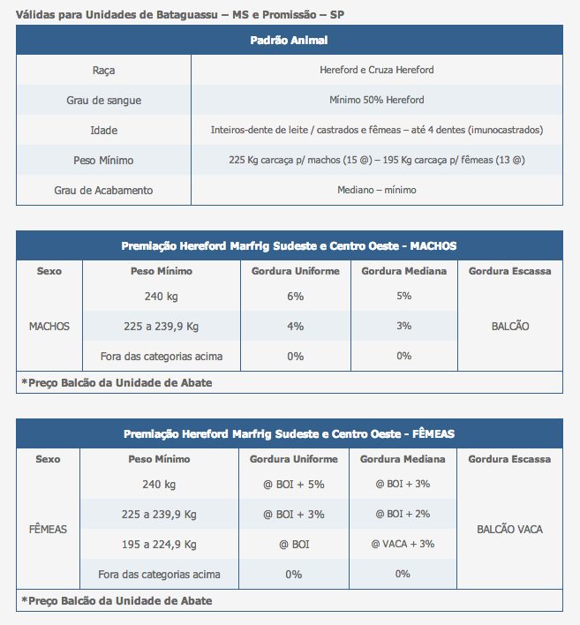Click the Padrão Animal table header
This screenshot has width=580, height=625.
(x=289, y=41)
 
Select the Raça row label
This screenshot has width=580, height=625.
(x=103, y=71)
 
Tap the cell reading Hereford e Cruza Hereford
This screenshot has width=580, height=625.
(x=376, y=71)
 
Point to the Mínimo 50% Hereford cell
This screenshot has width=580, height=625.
(x=376, y=101)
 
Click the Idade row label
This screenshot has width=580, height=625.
(x=103, y=130)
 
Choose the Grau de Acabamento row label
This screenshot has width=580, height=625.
(x=103, y=190)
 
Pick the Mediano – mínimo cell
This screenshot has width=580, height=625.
(x=376, y=190)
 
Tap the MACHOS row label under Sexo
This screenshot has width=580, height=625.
(x=49, y=327)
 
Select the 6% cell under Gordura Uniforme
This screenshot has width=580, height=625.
(x=295, y=297)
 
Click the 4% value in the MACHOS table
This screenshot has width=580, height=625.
(x=295, y=327)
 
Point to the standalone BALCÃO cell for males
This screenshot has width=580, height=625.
(x=510, y=327)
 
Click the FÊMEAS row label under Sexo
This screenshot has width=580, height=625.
(x=48, y=530)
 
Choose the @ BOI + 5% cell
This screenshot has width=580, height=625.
(x=294, y=485)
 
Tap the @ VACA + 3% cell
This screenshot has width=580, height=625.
(x=403, y=545)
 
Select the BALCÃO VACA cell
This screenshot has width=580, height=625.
(x=509, y=530)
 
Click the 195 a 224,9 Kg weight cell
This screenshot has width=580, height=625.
(x=159, y=545)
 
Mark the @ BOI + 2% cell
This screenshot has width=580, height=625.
(x=403, y=515)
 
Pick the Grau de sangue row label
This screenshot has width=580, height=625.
(x=103, y=101)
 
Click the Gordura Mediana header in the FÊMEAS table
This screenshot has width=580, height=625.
(x=403, y=459)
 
